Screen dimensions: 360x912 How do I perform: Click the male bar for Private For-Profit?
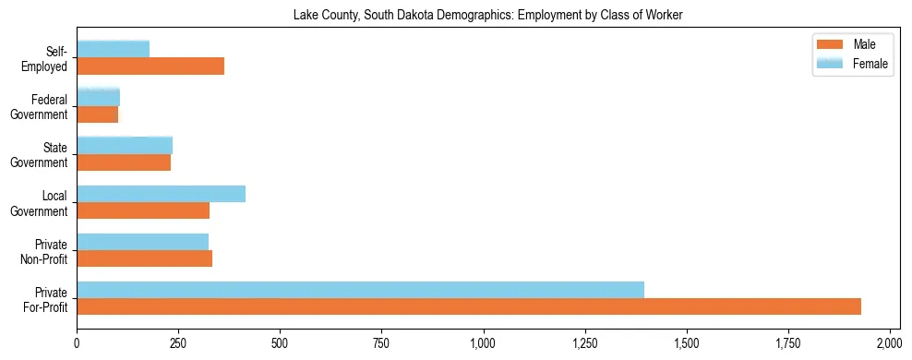[469, 306]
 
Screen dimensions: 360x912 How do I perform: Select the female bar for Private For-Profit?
[360, 290]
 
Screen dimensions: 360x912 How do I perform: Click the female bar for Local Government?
[161, 194]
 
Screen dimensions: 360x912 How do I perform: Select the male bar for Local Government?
[143, 210]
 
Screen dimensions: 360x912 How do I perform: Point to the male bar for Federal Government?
[97, 114]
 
